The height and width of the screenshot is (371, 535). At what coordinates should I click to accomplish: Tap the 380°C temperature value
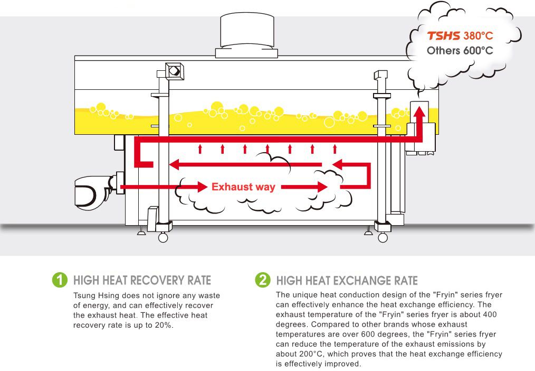tap(478, 36)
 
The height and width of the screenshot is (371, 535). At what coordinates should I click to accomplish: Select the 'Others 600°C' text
tap(460, 51)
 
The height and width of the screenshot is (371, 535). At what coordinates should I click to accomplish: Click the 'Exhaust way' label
tap(243, 187)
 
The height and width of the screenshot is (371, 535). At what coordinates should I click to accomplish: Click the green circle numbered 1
tap(60, 280)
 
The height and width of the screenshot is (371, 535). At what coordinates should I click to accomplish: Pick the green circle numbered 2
tap(262, 280)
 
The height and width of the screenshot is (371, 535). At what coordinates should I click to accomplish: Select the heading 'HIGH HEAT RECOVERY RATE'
tap(142, 280)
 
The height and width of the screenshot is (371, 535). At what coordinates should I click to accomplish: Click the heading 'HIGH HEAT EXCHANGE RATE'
tap(347, 281)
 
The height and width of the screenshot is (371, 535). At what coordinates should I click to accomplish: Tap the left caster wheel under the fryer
tap(163, 238)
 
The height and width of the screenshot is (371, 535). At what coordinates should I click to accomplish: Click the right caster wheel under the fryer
tap(384, 238)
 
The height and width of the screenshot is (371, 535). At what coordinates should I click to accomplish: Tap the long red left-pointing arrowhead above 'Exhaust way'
tap(174, 165)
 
